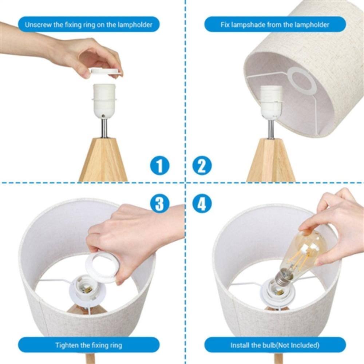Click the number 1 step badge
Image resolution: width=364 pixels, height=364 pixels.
pos(159,166)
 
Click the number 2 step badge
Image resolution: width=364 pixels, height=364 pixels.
pos(202,166)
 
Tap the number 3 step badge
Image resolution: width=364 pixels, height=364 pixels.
pos(159,203)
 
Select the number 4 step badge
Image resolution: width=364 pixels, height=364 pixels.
pos(202,203)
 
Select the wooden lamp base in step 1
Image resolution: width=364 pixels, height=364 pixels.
pos(104,160)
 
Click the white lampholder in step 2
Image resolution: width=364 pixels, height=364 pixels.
pos(271,100)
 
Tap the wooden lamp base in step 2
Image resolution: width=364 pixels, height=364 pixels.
pos(271,160)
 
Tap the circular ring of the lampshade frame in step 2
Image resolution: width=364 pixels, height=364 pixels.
pos(302,80)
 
